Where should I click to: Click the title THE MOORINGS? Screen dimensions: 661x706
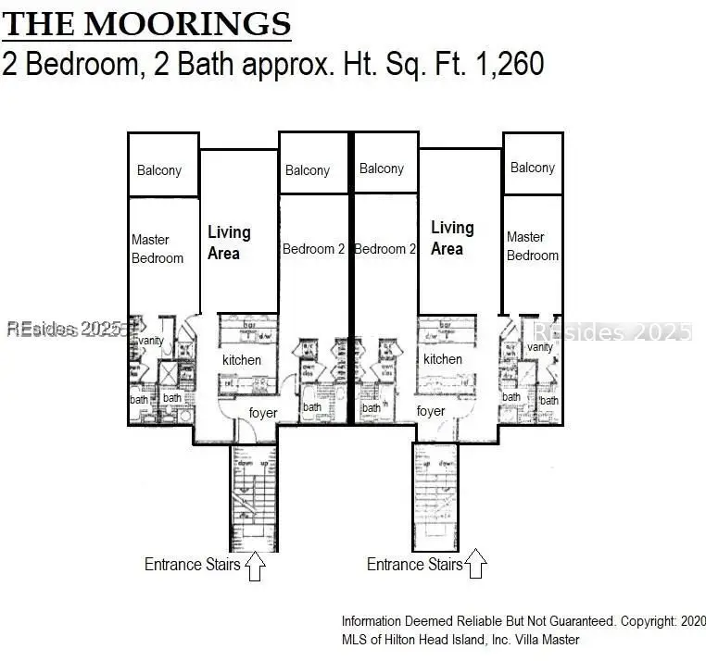coord(146,22)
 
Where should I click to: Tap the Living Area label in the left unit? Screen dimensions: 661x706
coord(228,243)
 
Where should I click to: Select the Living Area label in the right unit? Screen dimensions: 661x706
coord(451,237)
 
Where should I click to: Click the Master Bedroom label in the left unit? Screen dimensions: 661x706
coord(157,248)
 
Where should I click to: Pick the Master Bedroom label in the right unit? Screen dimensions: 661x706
coord(532,245)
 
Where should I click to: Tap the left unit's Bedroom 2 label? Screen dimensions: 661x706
coord(313,248)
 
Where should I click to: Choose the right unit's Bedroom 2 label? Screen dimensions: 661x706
coord(385,248)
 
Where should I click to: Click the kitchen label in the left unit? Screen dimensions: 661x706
coord(241,359)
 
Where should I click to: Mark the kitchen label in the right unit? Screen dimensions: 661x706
coord(442,358)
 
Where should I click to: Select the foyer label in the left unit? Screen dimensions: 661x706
coord(263,412)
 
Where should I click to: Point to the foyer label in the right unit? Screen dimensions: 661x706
coord(431,410)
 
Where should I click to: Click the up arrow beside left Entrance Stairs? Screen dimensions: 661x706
coord(256,566)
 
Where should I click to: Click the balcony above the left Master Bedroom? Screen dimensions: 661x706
coord(159,169)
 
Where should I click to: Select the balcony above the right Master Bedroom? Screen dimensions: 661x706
coord(533,168)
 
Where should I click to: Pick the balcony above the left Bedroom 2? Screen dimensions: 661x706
coord(308,170)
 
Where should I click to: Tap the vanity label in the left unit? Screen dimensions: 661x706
coord(150,342)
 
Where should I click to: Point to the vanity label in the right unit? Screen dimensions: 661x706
coord(539,347)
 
